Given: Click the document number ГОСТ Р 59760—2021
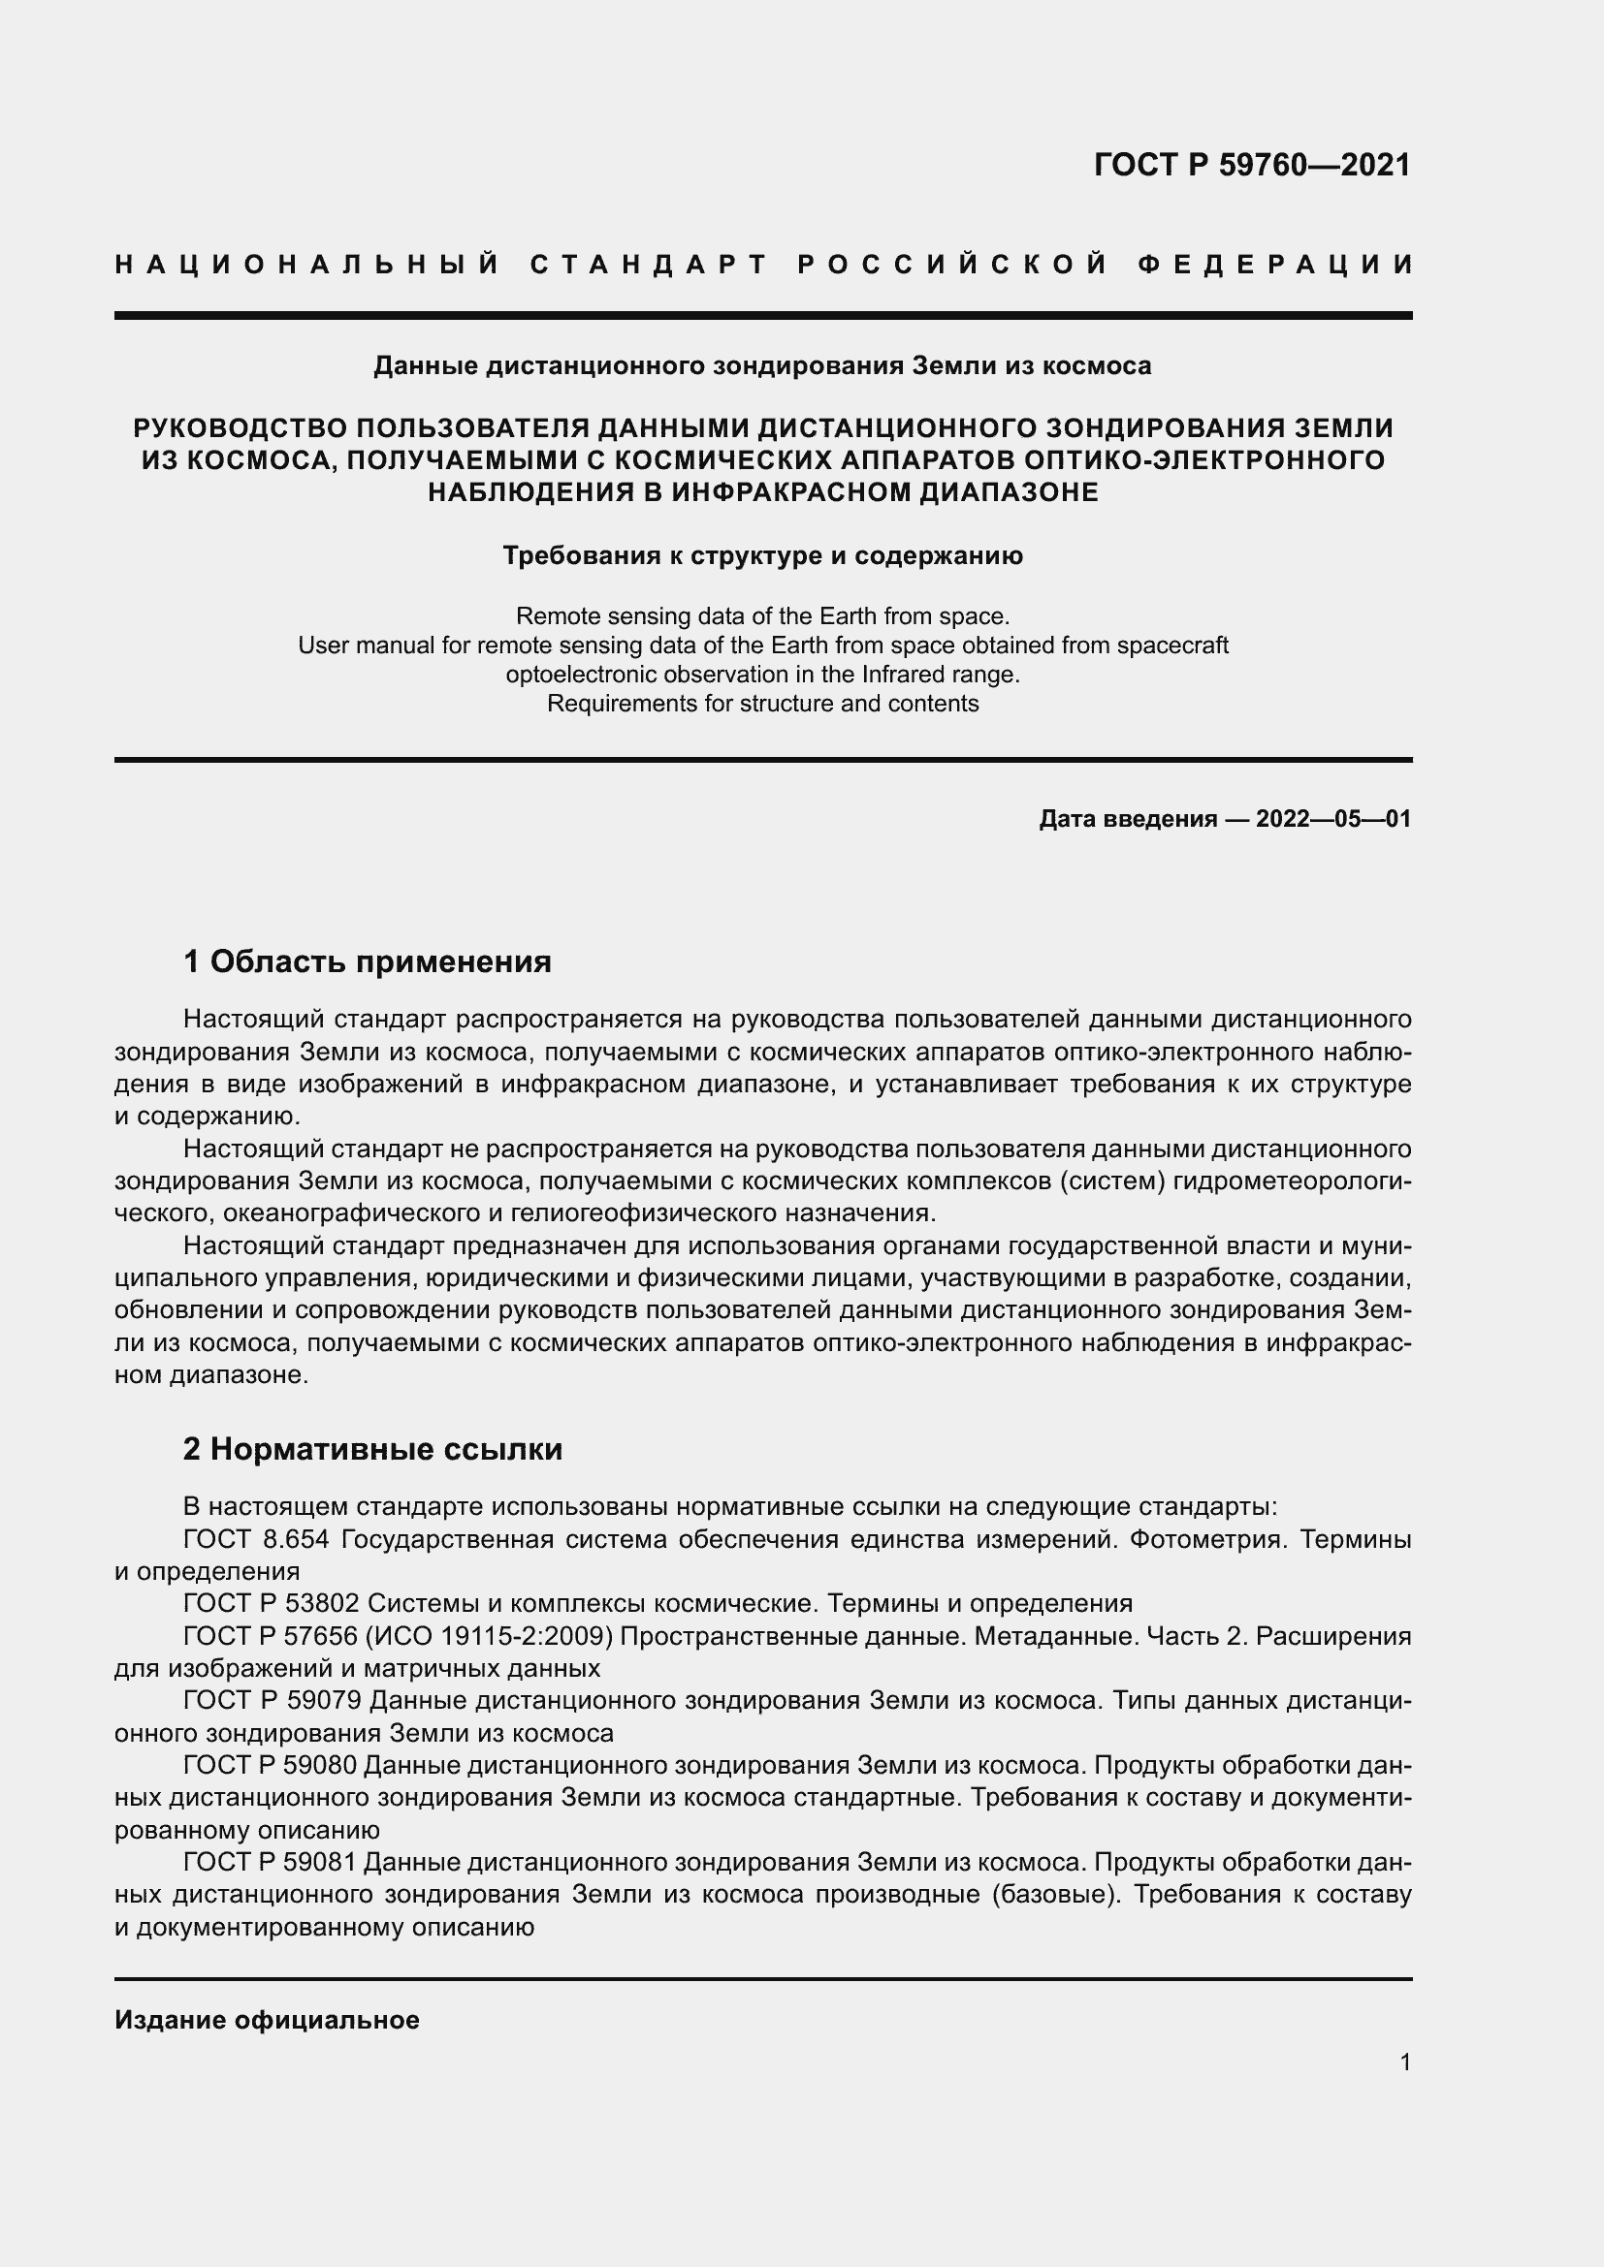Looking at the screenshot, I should pos(1251,165).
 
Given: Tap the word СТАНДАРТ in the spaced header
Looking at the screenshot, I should pos(649,265).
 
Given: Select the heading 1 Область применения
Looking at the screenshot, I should pos(368,960).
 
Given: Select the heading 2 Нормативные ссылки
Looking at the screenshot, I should pos(372,1448).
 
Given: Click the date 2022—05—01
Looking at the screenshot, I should pos(1332,819).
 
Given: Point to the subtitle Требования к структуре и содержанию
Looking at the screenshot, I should pos(762,556).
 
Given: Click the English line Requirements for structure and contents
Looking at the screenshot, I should pos(762,704).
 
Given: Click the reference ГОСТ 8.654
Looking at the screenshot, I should pos(256,1538).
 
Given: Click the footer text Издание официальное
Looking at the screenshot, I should pos(267,2019).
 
